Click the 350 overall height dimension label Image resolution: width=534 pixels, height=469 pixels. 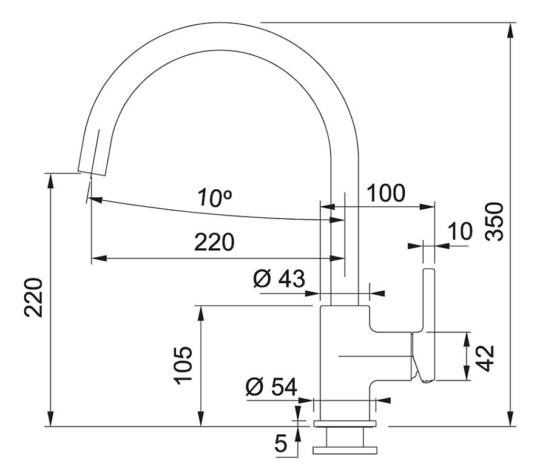[495, 221]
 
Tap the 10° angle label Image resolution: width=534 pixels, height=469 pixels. [215, 198]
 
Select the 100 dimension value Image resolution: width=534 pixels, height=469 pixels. [386, 193]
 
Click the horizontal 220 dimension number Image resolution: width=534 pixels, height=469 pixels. [214, 242]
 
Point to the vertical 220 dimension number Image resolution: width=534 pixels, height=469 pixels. [33, 298]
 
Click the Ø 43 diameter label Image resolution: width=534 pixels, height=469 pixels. [279, 278]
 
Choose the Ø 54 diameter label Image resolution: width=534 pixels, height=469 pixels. [271, 386]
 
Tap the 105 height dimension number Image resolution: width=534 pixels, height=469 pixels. [183, 365]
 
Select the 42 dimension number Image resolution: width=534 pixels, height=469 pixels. [485, 358]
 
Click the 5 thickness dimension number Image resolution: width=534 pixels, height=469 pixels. [281, 443]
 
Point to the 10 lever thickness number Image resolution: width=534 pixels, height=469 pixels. [461, 231]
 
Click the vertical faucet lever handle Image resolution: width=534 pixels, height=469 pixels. [428, 325]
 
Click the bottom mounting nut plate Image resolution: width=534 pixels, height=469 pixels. [345, 450]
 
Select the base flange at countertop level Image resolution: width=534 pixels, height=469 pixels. [345, 423]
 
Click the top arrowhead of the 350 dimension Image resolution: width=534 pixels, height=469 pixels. [510, 30]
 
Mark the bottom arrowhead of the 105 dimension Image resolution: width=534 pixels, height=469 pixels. [201, 419]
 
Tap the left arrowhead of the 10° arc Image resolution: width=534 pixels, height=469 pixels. [95, 200]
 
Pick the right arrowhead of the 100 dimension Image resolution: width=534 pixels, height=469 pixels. [427, 207]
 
